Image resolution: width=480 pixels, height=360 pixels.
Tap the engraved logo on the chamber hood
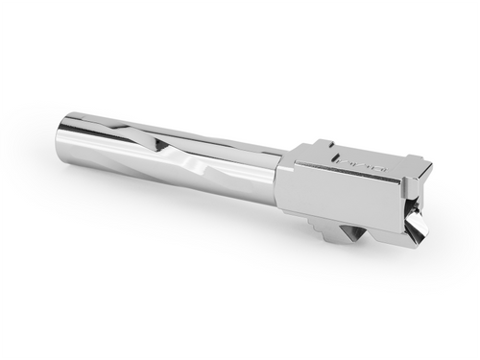(x=368, y=165)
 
